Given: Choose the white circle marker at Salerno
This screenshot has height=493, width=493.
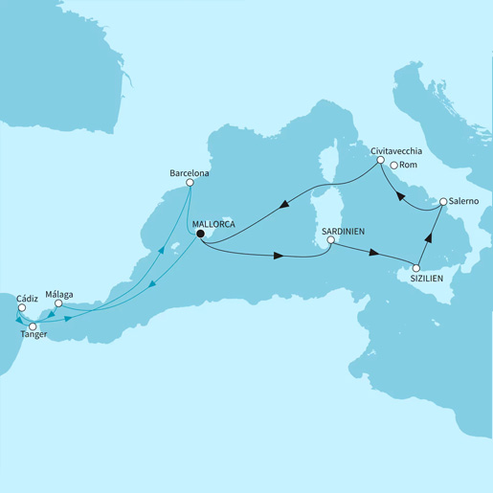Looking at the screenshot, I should pos(443,202).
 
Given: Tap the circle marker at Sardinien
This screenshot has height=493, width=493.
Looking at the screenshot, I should pos(330,241).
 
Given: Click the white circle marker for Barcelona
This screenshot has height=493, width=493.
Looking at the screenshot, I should pos(190,183).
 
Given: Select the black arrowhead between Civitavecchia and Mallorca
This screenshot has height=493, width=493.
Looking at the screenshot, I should pos(284,203).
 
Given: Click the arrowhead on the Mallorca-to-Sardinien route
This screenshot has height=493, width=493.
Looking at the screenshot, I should pos(278,257).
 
